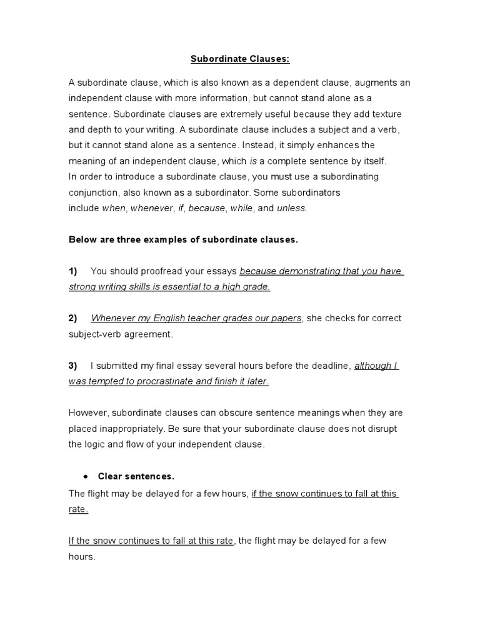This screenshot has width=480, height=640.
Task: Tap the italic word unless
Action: pyautogui.click(x=292, y=208)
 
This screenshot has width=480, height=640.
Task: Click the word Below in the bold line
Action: pyautogui.click(x=82, y=240)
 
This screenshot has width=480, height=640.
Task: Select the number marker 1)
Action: pyautogui.click(x=73, y=271)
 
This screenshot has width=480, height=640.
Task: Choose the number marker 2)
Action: pyautogui.click(x=73, y=318)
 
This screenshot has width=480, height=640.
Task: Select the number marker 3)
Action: pyautogui.click(x=73, y=366)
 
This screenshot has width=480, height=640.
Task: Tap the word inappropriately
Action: pyautogui.click(x=136, y=429)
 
